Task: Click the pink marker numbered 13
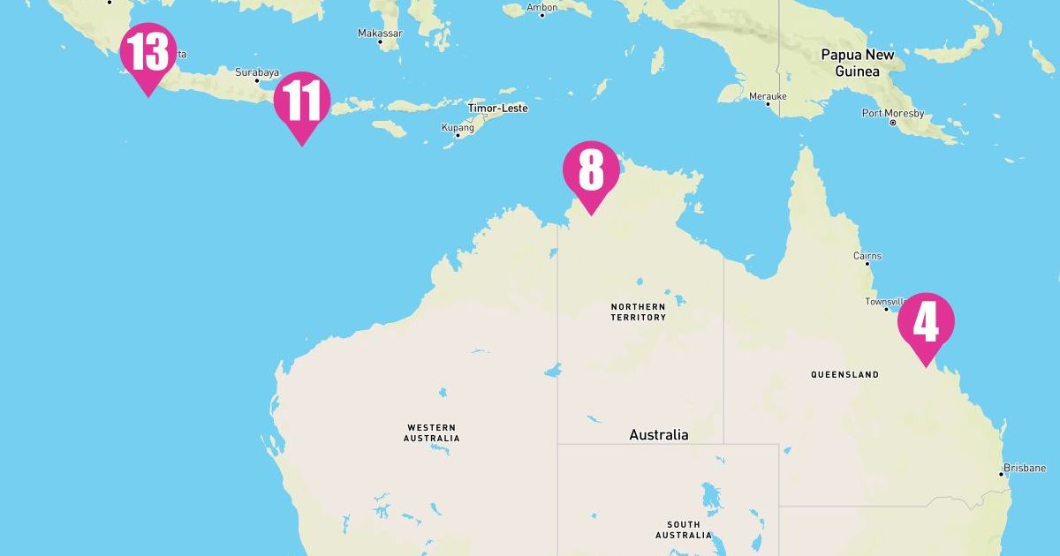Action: pos(148,54)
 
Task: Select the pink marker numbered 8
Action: pos(591,172)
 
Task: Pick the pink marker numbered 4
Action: pos(925,324)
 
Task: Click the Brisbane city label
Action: pos(1025,468)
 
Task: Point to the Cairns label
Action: pos(867,256)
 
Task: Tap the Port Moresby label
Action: pos(893,113)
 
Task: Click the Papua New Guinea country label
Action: pos(857,63)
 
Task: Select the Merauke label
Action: pos(766,94)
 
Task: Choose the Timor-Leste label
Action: pos(497,108)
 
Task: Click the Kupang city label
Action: pos(458,127)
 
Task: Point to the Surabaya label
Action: pos(257,72)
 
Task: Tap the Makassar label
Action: pos(380,33)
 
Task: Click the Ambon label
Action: pos(541,7)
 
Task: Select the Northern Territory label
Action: pos(638,312)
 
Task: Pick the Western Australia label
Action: pos(431,432)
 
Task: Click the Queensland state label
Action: pos(844,374)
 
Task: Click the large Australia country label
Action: pos(658,434)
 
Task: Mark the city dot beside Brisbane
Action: pos(1001,475)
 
